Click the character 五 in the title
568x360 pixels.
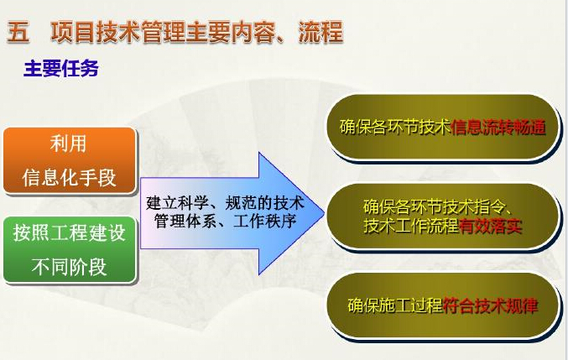click(18, 32)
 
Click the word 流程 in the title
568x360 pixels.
click(320, 32)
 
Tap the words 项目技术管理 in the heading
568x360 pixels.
click(118, 32)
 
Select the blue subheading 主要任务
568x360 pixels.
click(61, 69)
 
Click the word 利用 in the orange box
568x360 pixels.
click(69, 143)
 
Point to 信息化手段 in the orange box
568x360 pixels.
click(69, 177)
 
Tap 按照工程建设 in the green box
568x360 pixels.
click(69, 232)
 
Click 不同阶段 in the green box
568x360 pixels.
click(69, 267)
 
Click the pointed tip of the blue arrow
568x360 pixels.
click(324, 213)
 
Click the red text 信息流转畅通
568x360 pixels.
click(498, 127)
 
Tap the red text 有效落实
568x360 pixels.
click(491, 226)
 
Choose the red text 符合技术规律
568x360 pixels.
click(491, 305)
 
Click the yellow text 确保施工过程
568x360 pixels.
click(395, 305)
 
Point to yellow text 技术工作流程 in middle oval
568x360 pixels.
click(411, 226)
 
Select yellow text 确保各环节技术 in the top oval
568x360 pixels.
click(395, 127)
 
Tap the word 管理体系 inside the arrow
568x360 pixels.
click(185, 221)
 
